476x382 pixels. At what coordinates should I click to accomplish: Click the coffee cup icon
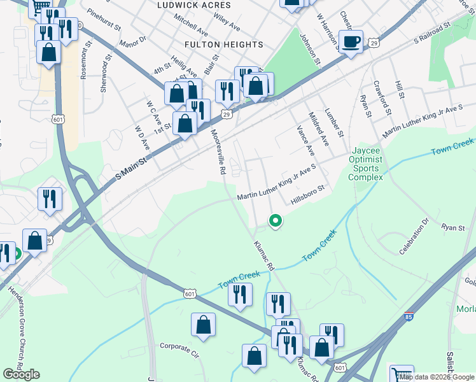[351, 43]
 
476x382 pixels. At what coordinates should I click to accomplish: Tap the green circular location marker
[276, 221]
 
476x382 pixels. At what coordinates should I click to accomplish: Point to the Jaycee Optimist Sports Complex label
[366, 164]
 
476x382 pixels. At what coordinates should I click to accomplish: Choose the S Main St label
[132, 166]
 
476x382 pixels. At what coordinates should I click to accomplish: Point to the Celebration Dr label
[416, 238]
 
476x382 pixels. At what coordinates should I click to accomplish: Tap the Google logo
[21, 374]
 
